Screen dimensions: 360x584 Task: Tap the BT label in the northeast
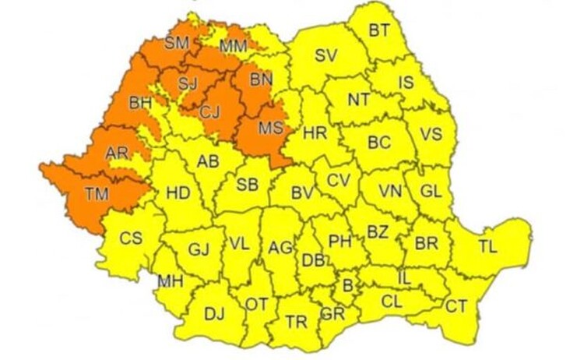[379, 31]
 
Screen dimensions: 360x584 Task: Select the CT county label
[456, 306]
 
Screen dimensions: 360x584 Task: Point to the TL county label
[487, 247]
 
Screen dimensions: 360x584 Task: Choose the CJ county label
[209, 111]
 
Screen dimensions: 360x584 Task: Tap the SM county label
[177, 43]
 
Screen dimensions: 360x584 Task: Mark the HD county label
[178, 192]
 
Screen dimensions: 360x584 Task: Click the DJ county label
[213, 314]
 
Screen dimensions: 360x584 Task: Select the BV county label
[301, 192]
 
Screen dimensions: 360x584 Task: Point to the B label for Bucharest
[347, 285]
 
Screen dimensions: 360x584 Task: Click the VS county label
[431, 134]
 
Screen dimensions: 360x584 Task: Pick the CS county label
[131, 238]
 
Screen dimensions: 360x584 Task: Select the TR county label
[297, 322]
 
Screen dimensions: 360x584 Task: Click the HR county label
[314, 133]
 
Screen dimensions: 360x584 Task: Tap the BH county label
[141, 102]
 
